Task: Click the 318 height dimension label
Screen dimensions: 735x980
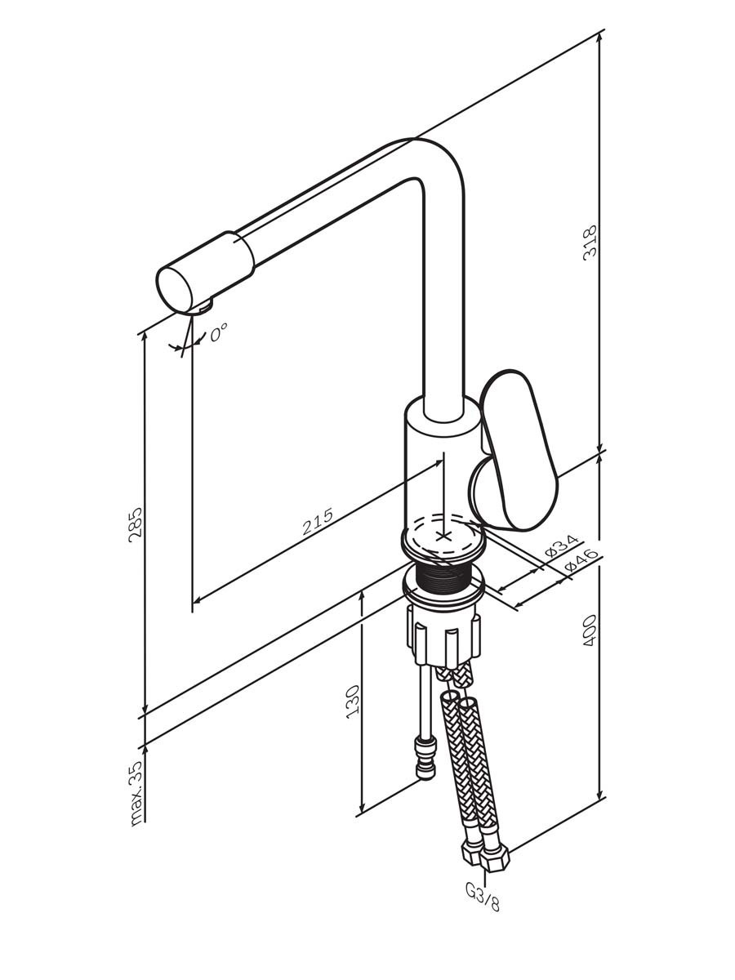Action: coord(590,243)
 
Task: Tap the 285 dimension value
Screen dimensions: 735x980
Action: coord(135,524)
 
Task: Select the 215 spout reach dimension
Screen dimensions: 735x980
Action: coord(318,521)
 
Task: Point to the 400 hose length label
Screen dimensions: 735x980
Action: coord(590,630)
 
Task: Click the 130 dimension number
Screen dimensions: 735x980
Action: coord(353,702)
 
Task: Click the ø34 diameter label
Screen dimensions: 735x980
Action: coord(561,546)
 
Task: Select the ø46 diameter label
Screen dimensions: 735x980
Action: coord(581,561)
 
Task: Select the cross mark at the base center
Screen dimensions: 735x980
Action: coord(443,536)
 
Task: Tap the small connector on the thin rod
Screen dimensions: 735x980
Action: coord(425,758)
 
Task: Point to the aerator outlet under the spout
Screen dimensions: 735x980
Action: coord(206,308)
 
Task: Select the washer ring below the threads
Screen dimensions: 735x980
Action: coord(443,590)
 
